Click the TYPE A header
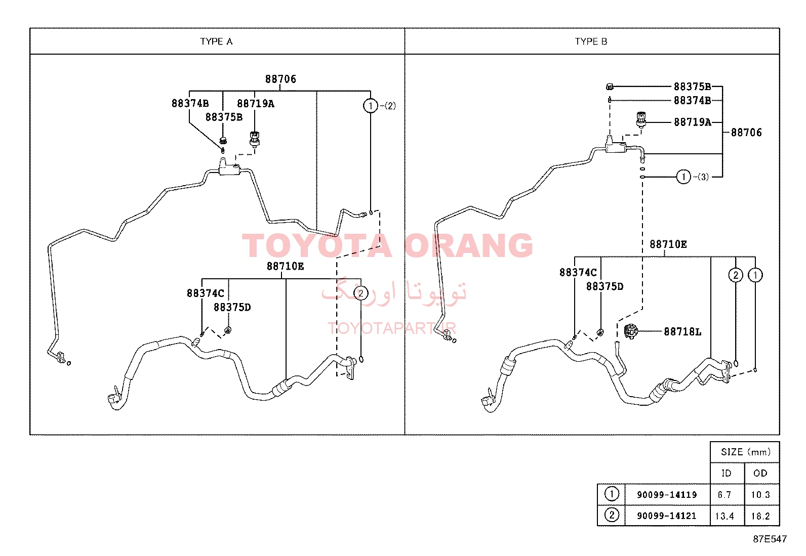(216, 41)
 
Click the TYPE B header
(591, 41)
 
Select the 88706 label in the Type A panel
(280, 79)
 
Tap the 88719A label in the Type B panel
(693, 122)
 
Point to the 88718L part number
(682, 331)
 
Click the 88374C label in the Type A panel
(206, 293)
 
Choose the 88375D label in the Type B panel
(605, 286)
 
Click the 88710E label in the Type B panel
(668, 244)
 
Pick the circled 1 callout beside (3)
(683, 177)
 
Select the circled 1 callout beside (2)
(370, 106)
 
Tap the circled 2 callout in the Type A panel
(361, 293)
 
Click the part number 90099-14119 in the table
(667, 495)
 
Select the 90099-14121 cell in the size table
(667, 516)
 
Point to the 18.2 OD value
(760, 516)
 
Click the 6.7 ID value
(724, 495)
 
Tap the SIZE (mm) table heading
(746, 452)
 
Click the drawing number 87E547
(770, 539)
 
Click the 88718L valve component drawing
(630, 331)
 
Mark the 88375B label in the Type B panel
(693, 87)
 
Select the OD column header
(760, 474)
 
